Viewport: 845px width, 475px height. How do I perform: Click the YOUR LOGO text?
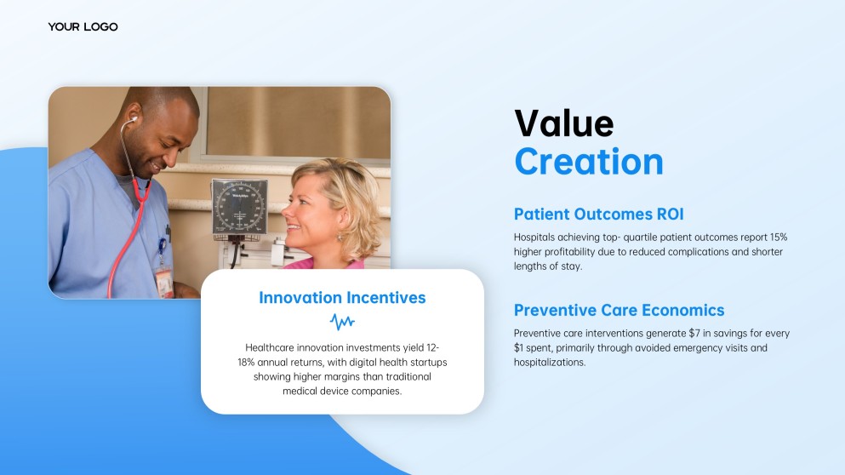(83, 27)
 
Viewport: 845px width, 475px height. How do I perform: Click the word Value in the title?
(563, 123)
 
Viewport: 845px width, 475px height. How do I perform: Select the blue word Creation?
(589, 161)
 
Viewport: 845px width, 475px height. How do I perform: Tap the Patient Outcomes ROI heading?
(598, 214)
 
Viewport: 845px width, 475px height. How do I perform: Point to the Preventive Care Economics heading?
(619, 310)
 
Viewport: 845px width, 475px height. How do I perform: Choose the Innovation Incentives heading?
(342, 298)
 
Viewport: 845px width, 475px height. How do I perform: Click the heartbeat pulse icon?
(342, 323)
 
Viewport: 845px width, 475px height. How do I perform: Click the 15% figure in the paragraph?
(778, 237)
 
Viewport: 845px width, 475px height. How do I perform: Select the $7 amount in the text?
(694, 333)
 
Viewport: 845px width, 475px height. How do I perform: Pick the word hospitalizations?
(550, 363)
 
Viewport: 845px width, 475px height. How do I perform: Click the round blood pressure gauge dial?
(239, 208)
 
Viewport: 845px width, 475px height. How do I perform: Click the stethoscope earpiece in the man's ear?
(134, 119)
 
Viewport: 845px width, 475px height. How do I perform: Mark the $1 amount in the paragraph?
(519, 348)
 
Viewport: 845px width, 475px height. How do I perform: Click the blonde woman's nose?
(288, 215)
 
